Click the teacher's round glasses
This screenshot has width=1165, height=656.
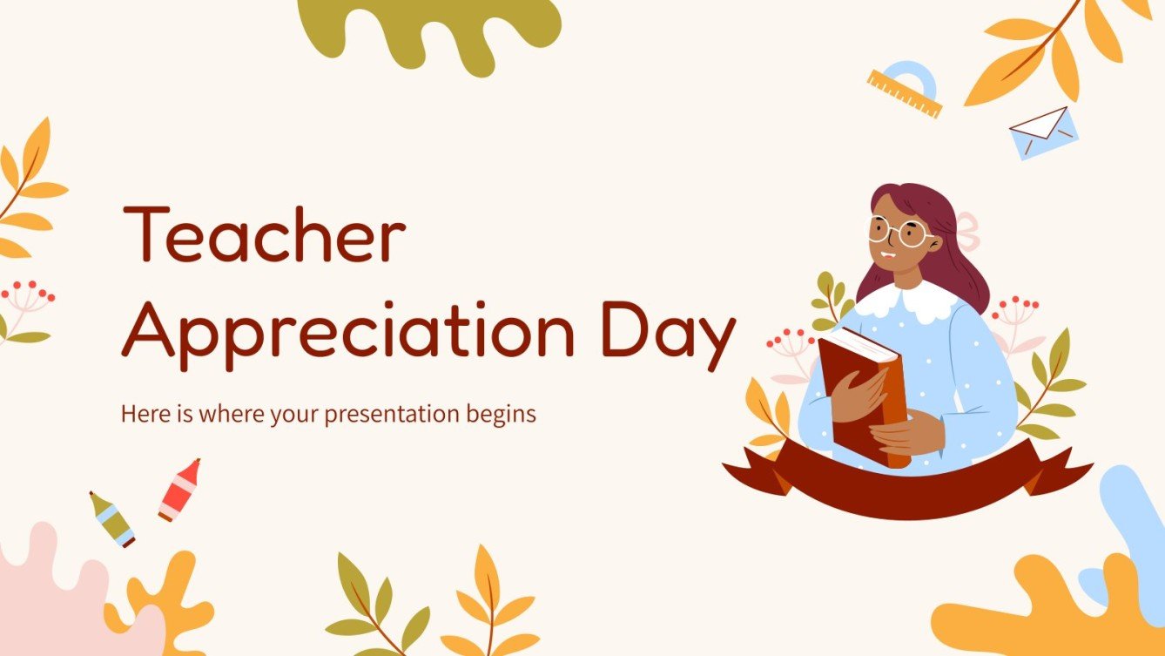click(900, 233)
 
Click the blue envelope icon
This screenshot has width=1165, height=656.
click(1043, 132)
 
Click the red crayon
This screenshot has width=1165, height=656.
click(179, 489)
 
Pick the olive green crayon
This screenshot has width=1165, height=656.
click(111, 519)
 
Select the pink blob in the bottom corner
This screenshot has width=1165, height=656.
click(52, 592)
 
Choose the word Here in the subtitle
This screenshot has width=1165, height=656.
click(139, 414)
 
